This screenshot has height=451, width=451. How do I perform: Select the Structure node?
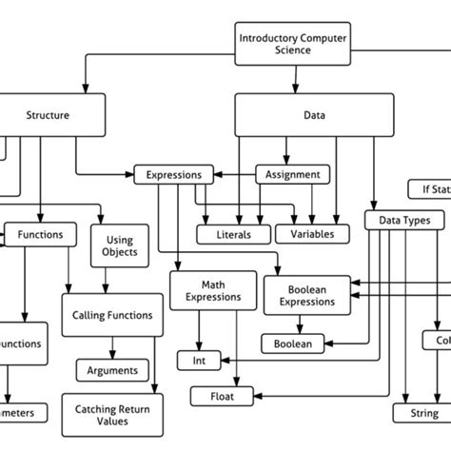coord(48,116)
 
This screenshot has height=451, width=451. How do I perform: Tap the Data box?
coord(314,116)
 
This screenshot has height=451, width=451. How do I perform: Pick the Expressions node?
coord(172,175)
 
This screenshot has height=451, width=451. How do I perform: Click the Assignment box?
coord(293,175)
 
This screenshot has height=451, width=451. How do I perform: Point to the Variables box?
coord(311,233)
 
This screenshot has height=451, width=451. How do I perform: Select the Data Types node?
coord(404,221)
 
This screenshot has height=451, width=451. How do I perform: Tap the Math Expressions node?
coord(212,291)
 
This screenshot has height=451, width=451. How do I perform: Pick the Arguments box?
coord(111,370)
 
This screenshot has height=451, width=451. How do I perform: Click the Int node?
coord(198,361)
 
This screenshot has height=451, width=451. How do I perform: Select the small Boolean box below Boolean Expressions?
coord(292,343)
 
